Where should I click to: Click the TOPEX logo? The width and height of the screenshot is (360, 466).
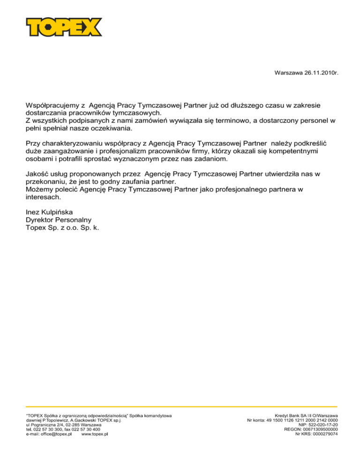click(64, 27)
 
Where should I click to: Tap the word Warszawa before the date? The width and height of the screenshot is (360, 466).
click(287, 74)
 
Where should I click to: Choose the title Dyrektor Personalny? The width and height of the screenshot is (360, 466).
click(58, 219)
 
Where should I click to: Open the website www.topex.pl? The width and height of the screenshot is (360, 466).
click(95, 434)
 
